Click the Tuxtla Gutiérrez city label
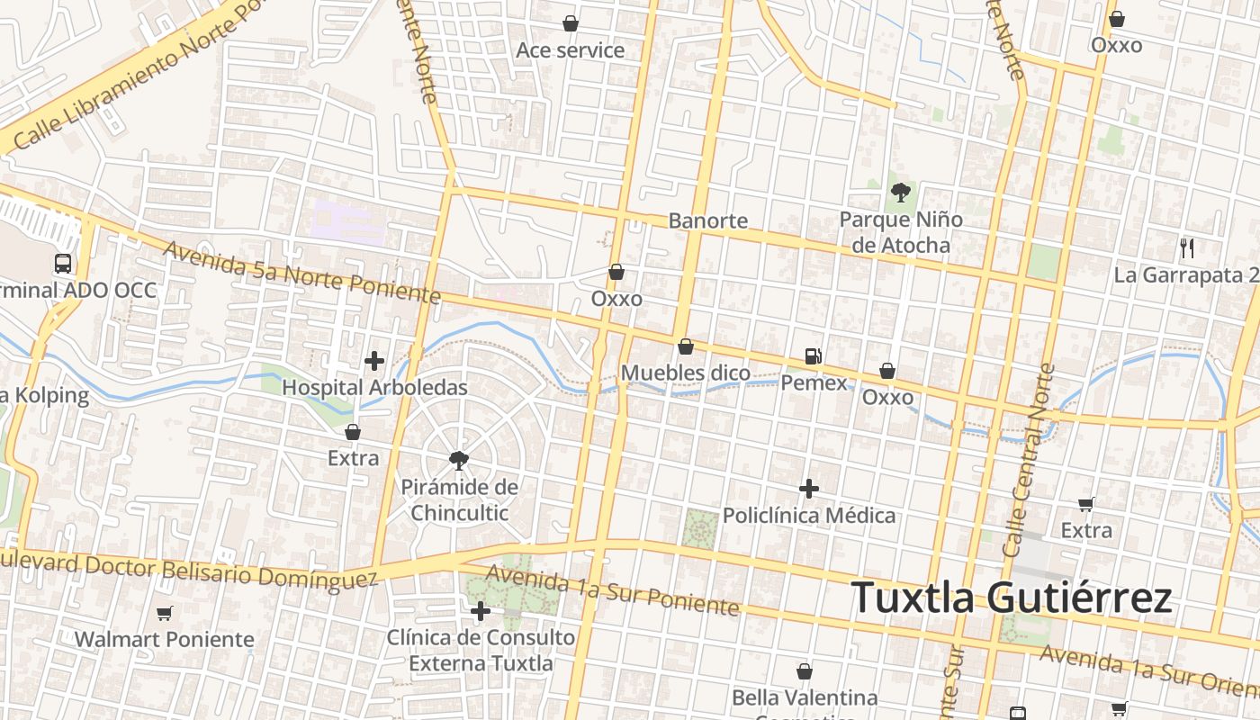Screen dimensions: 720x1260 click(x=1011, y=598)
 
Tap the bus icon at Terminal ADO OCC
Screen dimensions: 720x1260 click(x=63, y=264)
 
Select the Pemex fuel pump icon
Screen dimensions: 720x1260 click(x=814, y=356)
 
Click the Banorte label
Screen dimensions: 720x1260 click(x=707, y=220)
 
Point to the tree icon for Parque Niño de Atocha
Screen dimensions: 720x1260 click(x=899, y=192)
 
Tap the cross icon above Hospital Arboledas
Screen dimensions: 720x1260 click(x=374, y=362)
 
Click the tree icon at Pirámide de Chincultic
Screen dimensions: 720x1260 click(x=459, y=461)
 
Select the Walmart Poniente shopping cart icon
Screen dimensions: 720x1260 click(x=164, y=614)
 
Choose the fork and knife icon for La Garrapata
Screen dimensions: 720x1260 click(x=1187, y=248)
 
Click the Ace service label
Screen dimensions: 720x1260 click(x=570, y=50)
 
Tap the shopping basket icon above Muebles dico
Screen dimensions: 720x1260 click(x=686, y=346)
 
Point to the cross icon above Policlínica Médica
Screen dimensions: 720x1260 click(x=809, y=489)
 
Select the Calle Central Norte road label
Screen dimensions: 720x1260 click(x=1027, y=459)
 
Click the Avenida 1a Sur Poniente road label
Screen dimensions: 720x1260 click(x=612, y=590)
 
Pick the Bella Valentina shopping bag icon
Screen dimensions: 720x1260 click(x=805, y=671)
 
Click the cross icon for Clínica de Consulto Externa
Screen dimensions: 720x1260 click(x=481, y=612)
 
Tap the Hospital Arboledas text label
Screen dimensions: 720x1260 click(x=374, y=388)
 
